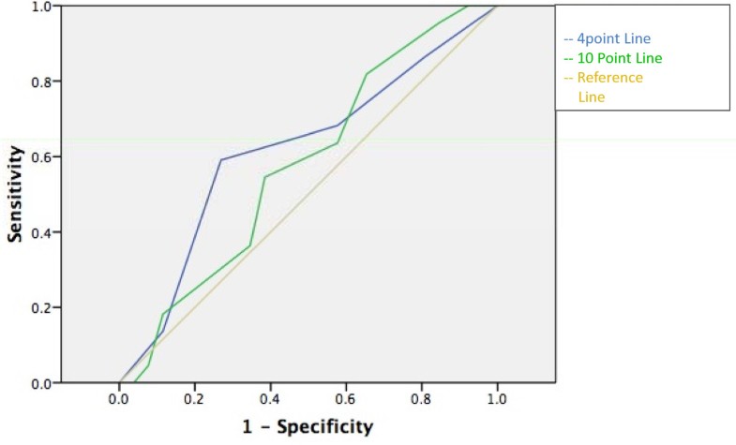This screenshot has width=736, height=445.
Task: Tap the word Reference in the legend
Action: pos(609,78)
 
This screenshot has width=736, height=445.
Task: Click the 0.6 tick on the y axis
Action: pos(41,156)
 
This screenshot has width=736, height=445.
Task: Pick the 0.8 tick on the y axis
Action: pos(41,82)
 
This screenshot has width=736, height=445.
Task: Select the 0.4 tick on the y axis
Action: pos(41,232)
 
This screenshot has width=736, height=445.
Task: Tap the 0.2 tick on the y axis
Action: pos(41,308)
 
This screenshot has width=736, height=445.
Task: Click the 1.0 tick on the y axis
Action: pos(41,7)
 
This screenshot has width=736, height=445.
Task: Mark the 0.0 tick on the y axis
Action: pos(41,383)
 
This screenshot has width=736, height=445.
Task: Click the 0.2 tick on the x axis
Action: pos(195,399)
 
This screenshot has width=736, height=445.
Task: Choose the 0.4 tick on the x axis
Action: pos(271,399)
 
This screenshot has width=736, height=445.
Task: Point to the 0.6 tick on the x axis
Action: pos(346,399)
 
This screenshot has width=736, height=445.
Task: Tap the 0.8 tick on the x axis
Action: pos(422,399)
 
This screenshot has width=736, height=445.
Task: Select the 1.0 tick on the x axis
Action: pos(497,399)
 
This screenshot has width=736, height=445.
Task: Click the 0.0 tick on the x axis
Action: pos(119,399)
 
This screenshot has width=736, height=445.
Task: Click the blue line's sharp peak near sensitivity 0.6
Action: pos(221,160)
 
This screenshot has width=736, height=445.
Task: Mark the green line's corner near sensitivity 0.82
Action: pos(367,74)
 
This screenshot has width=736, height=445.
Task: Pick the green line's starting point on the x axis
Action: pos(136,382)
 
